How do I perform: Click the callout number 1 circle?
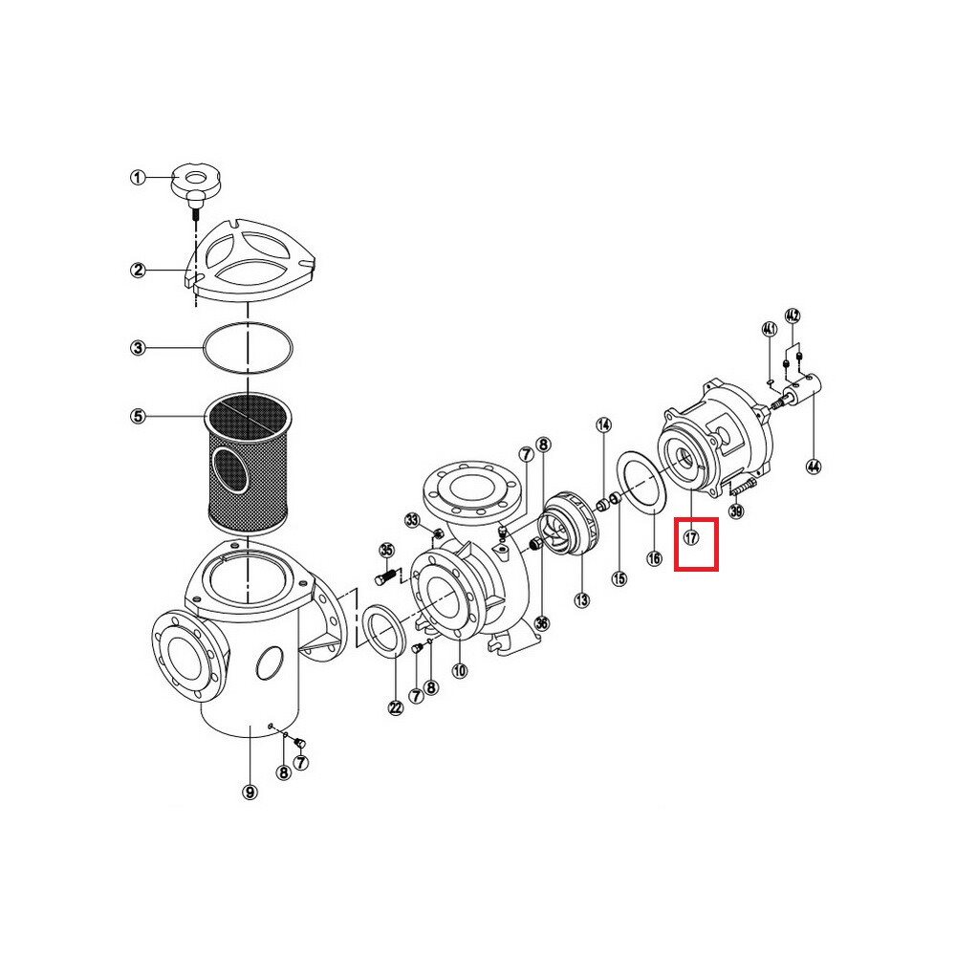(139, 178)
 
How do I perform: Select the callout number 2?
(139, 270)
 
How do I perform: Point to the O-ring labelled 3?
(248, 348)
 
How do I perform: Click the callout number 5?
(139, 417)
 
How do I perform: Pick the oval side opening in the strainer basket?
(230, 468)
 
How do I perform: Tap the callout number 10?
(459, 671)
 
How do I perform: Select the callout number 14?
(603, 425)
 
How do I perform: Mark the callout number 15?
(619, 578)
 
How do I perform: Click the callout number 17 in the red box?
(691, 537)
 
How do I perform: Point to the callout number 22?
(396, 707)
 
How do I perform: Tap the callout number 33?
(413, 520)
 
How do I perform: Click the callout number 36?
(541, 623)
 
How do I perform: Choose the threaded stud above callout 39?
(740, 488)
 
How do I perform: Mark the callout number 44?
(813, 467)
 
